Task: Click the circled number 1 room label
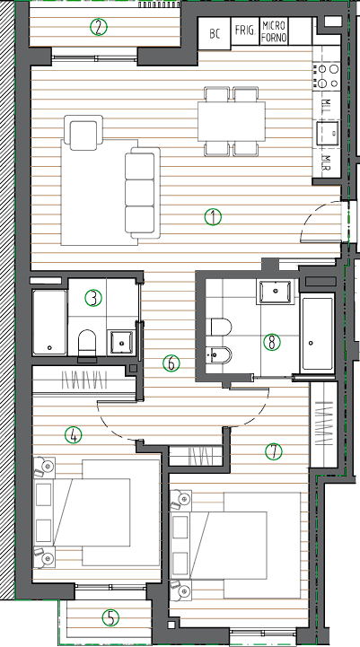[x=213, y=217]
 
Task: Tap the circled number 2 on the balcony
[x=98, y=27]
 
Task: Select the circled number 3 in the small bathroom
[x=93, y=298]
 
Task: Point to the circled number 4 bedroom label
[x=74, y=434]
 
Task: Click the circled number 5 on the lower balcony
[x=110, y=617]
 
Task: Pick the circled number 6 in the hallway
[x=171, y=363]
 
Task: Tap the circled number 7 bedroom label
[x=273, y=451]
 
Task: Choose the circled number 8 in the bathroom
[x=272, y=342]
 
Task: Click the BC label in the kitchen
[x=215, y=34]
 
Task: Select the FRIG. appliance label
[x=245, y=31]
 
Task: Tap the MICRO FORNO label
[x=274, y=31]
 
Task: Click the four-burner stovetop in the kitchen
[x=326, y=76]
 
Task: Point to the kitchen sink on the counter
[x=328, y=133]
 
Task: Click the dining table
[x=232, y=121]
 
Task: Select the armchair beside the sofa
[x=83, y=133]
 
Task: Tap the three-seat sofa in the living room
[x=143, y=193]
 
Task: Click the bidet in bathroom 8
[x=219, y=354]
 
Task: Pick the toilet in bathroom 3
[x=87, y=343]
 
